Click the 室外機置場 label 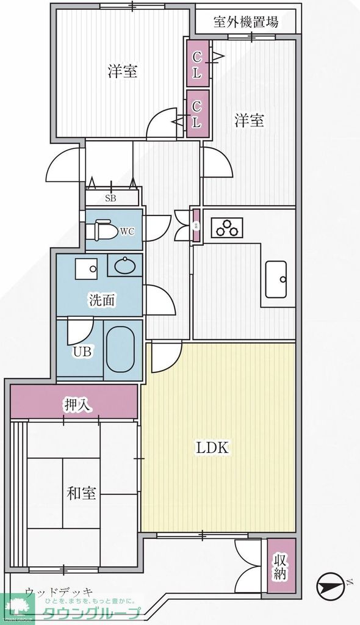(x=247, y=23)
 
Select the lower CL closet (x=197, y=114)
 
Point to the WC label (x=127, y=231)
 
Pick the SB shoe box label (x=111, y=198)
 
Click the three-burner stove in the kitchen (x=227, y=228)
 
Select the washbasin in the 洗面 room (x=125, y=266)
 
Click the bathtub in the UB (x=123, y=350)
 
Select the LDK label (x=212, y=447)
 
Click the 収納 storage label (x=280, y=566)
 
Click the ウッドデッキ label (x=59, y=591)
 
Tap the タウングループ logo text (x=92, y=613)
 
